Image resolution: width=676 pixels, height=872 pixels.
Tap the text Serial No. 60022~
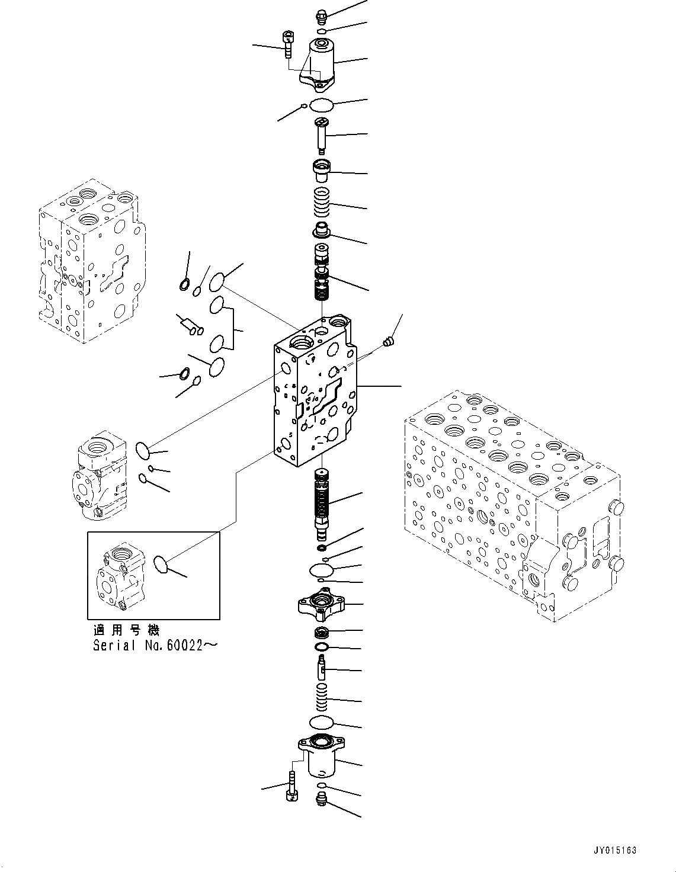point(155,646)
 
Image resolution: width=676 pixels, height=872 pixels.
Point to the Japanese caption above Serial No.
point(126,630)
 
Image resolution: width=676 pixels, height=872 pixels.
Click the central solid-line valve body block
point(314,397)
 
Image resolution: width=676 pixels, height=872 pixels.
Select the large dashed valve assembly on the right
point(512,504)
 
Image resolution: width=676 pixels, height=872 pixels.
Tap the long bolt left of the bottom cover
point(291,786)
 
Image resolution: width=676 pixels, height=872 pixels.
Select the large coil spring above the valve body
point(322,203)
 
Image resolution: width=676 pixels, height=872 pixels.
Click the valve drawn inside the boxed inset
point(121,578)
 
